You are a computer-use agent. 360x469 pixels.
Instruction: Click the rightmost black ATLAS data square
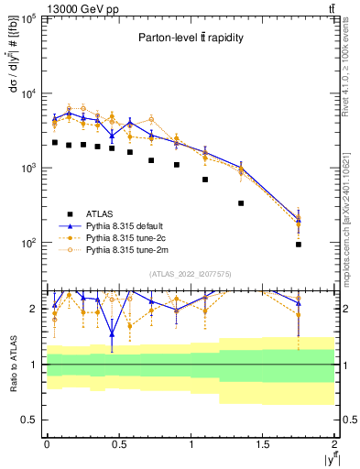(x=300, y=245)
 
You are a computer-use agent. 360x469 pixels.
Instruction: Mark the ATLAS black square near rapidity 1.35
(x=242, y=203)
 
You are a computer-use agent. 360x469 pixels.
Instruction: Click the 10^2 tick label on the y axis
(x=27, y=244)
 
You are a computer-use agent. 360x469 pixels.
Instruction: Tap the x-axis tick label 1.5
(x=263, y=443)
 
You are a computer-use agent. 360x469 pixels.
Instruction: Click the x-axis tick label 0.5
(x=118, y=443)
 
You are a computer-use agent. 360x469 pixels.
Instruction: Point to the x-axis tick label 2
(x=335, y=443)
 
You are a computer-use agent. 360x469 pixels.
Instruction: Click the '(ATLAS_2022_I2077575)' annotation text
(x=190, y=274)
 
